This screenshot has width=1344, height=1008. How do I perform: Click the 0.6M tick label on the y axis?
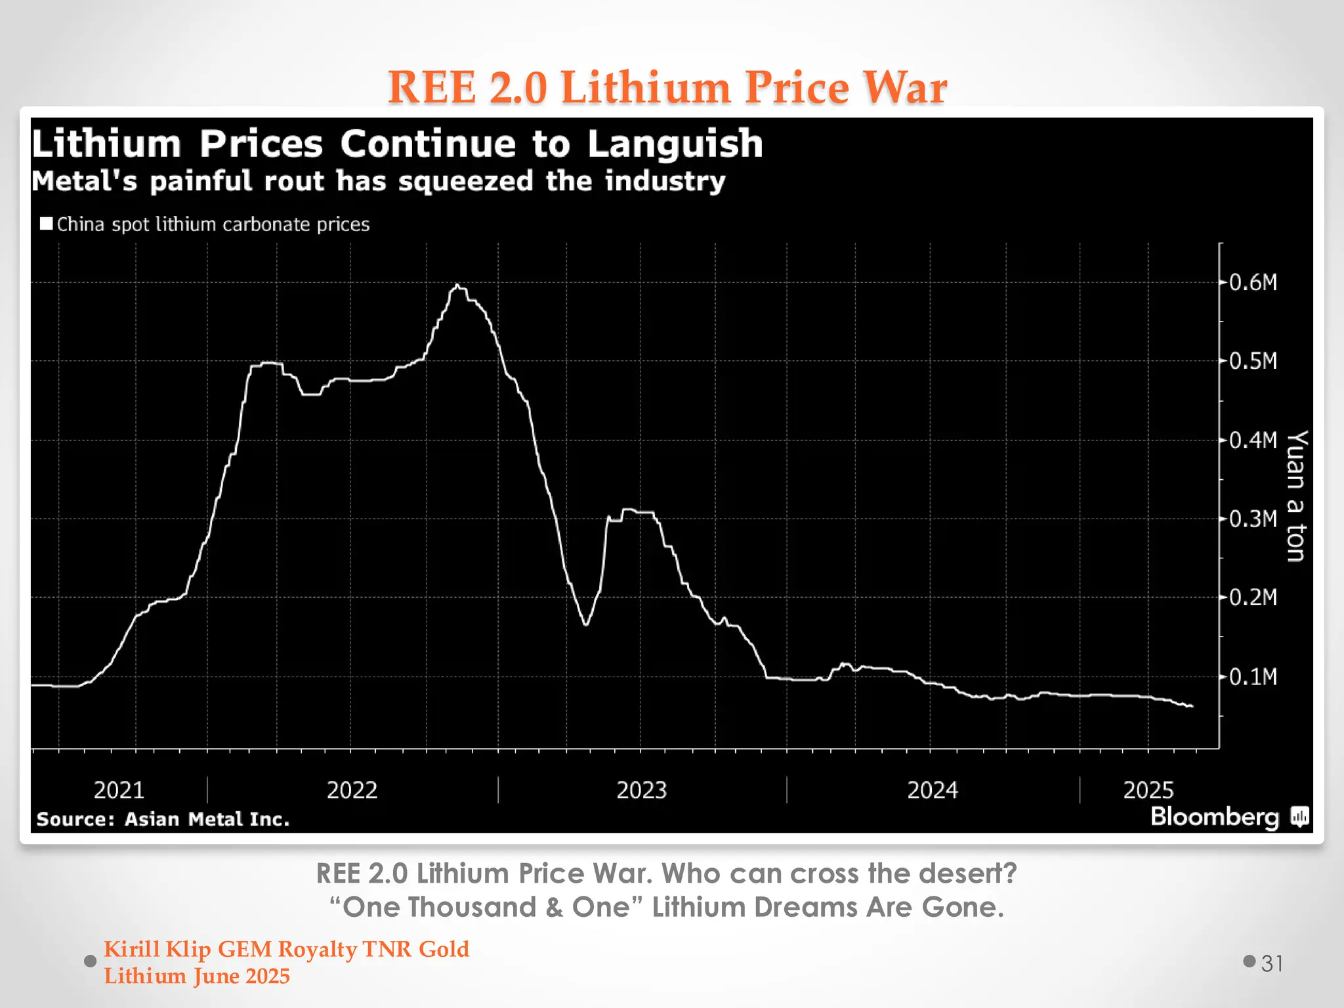point(1253,283)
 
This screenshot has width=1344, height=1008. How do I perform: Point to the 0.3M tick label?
point(1253,519)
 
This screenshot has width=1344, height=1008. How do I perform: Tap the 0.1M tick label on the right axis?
point(1253,677)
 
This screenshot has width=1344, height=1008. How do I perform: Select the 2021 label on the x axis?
point(119,789)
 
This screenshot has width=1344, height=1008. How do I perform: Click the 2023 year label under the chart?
point(641,789)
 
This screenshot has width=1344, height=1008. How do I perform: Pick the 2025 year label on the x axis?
point(1148,789)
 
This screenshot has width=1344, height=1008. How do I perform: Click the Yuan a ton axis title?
point(1296,496)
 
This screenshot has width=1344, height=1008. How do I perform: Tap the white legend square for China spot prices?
point(46,224)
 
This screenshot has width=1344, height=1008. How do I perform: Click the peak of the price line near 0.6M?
point(457,285)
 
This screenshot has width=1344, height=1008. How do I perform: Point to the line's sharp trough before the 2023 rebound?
point(585,624)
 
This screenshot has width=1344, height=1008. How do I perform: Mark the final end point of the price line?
point(1192,706)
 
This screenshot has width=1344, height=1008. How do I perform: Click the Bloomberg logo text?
point(1215,817)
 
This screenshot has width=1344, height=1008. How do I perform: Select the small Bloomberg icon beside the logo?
point(1299,817)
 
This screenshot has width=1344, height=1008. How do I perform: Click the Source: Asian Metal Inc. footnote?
point(163,819)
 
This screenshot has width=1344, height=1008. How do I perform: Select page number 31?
point(1272,963)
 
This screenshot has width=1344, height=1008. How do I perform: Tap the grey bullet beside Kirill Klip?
point(91,961)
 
